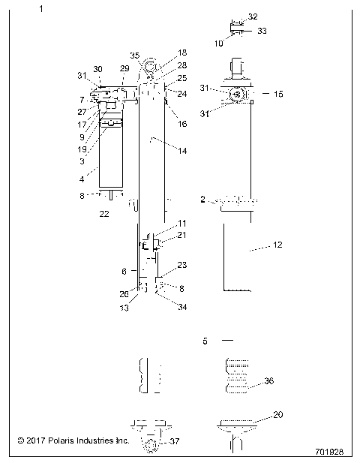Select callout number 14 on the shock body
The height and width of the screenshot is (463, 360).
pyautogui.click(x=182, y=151)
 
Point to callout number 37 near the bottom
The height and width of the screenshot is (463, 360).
pyautogui.click(x=175, y=440)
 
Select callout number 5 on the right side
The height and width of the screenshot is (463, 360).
pyautogui.click(x=205, y=341)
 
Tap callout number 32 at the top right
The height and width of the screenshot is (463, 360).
pyautogui.click(x=252, y=17)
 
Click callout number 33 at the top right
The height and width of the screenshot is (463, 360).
pyautogui.click(x=262, y=31)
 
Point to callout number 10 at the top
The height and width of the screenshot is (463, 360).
pyautogui.click(x=219, y=44)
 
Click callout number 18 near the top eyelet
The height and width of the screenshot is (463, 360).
pyautogui.click(x=182, y=53)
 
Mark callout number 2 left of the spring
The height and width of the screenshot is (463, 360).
pyautogui.click(x=202, y=200)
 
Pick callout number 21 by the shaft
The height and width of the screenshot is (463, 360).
pyautogui.click(x=182, y=236)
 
